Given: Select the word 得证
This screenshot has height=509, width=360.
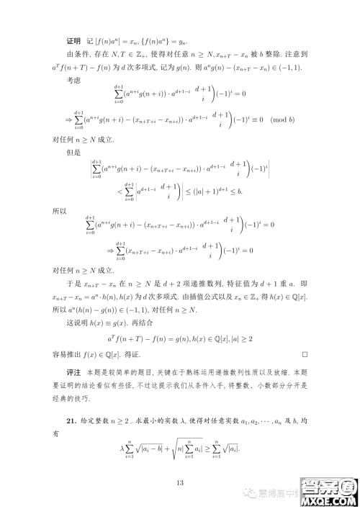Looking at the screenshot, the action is click(x=142, y=354).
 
